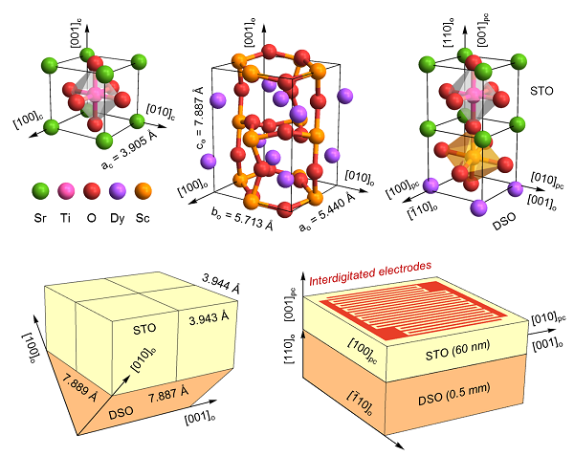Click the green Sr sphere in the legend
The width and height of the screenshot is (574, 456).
point(40,190)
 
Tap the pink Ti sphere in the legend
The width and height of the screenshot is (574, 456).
point(66,190)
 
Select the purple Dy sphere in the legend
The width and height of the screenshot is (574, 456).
point(118,190)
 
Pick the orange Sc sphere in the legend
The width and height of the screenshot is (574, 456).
point(143,190)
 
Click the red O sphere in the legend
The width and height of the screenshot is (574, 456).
point(92,190)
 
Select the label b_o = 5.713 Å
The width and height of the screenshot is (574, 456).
point(242,219)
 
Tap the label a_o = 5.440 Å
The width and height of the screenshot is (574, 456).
point(327,212)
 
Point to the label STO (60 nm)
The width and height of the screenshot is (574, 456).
point(457,350)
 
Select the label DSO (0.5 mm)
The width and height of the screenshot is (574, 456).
point(453,395)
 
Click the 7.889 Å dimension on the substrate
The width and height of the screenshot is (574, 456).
point(79,387)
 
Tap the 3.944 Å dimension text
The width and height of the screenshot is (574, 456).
point(221,284)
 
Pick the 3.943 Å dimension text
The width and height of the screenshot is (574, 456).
point(209,317)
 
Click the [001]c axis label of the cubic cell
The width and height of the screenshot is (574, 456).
point(77,35)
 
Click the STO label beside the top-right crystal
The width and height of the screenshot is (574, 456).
point(541,91)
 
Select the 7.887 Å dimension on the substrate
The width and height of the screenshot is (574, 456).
point(168,395)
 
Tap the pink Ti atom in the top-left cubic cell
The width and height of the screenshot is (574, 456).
point(96,94)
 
